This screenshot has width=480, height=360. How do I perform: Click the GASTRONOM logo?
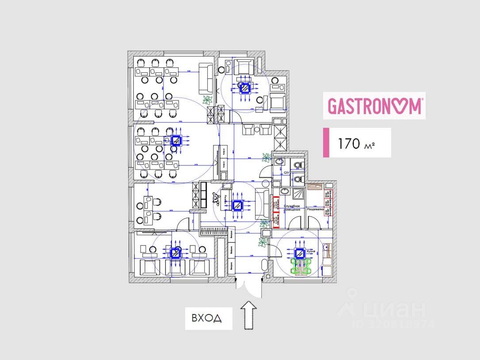(x=374, y=106)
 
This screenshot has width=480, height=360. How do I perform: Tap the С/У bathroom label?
(x=286, y=172)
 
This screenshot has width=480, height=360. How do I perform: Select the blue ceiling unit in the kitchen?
(x=300, y=253)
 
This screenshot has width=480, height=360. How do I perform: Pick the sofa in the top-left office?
(x=206, y=78)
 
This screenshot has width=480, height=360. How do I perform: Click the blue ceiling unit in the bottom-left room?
(x=176, y=253)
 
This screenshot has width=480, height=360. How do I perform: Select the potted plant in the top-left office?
(x=206, y=100)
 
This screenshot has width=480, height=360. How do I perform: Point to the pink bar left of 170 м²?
(x=326, y=142)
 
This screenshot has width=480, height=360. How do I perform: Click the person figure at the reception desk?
(x=217, y=199)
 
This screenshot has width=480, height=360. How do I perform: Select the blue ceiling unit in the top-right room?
(x=244, y=88)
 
